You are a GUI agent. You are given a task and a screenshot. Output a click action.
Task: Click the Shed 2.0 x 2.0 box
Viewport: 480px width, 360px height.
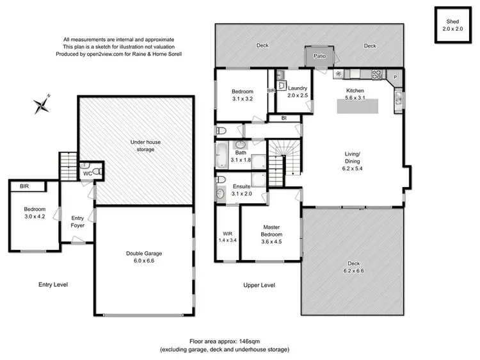pos(454,25)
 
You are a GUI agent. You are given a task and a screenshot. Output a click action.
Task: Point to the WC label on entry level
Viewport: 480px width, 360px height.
pos(86,173)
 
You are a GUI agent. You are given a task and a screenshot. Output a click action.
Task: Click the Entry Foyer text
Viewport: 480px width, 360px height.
pos(77,222)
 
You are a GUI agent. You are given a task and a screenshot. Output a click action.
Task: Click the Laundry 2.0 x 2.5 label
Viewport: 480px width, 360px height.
pos(298,92)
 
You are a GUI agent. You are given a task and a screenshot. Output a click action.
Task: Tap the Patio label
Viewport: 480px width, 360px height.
pos(320,57)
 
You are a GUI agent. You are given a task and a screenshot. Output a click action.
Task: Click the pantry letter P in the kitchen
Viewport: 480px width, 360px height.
pos(395,78)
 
